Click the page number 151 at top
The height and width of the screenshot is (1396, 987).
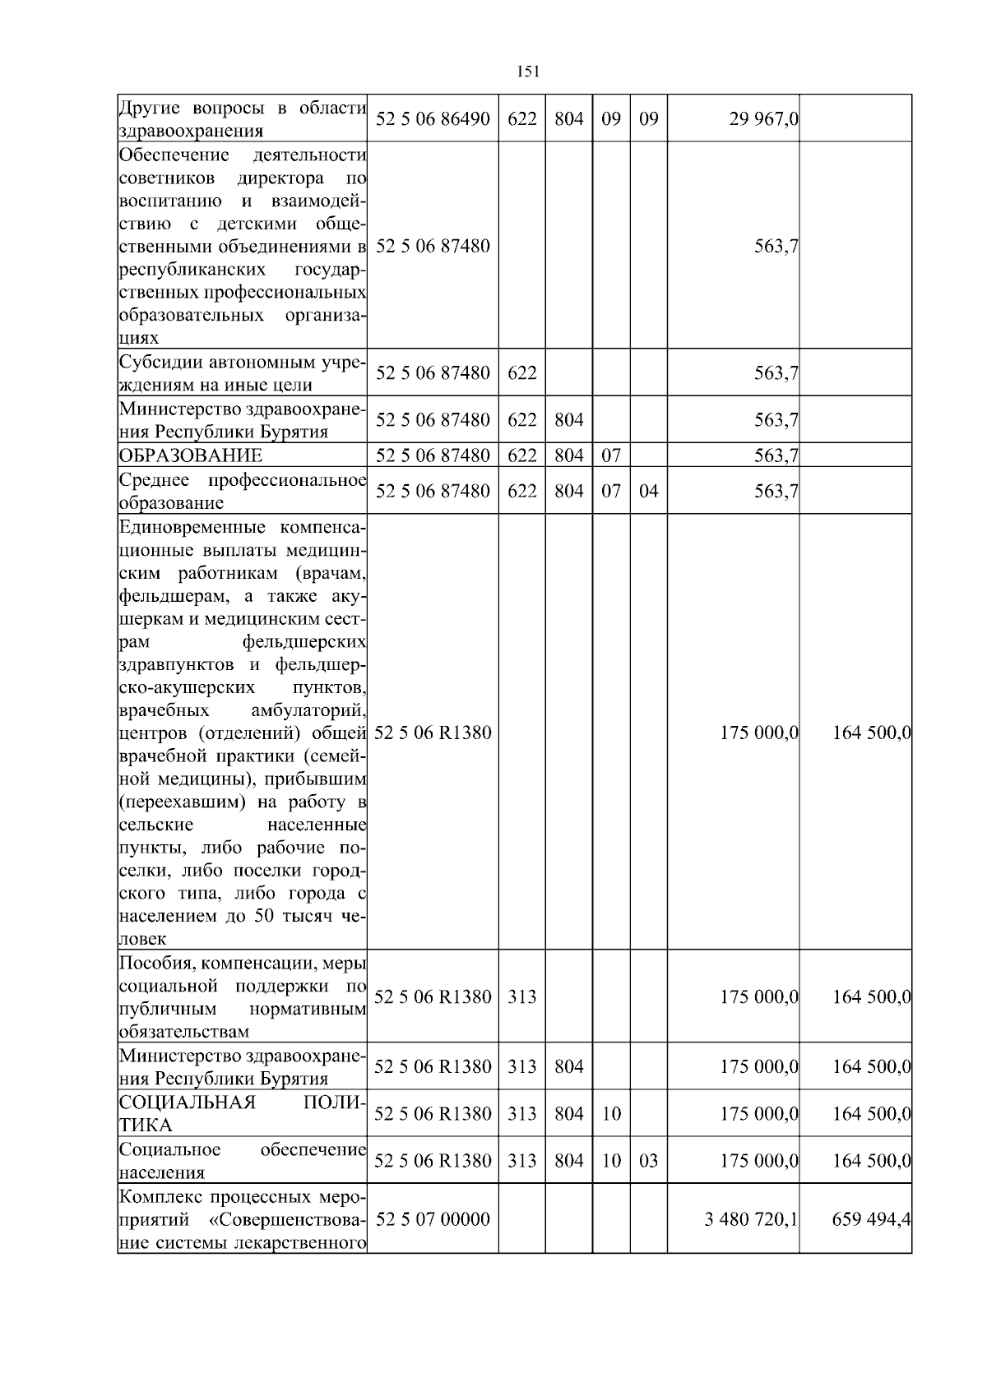[528, 72]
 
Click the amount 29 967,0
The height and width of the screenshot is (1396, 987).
[763, 119]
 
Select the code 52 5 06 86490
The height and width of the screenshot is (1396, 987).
[433, 119]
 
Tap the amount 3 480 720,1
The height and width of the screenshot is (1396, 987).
[751, 1219]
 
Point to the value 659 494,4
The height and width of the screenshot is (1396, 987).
[871, 1219]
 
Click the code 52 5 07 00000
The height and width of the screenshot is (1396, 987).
[433, 1219]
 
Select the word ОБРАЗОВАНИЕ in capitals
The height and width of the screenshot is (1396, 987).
[191, 455]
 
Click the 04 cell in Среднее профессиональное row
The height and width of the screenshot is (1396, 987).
[649, 492]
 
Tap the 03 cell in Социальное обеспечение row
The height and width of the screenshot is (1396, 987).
[649, 1161]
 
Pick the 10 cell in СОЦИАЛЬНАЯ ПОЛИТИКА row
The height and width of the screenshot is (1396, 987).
[611, 1114]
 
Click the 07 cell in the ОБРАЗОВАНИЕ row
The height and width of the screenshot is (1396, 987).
[611, 455]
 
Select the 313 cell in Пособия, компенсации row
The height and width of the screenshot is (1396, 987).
[521, 997]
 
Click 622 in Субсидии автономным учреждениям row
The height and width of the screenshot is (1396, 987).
[521, 373]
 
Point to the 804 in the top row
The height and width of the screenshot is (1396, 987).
[568, 119]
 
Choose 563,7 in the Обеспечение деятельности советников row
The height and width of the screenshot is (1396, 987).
[776, 247]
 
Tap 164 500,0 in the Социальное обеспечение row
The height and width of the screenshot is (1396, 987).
[871, 1161]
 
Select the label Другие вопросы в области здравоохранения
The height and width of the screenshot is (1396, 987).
[242, 119]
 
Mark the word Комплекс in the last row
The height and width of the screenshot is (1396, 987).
[155, 1196]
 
